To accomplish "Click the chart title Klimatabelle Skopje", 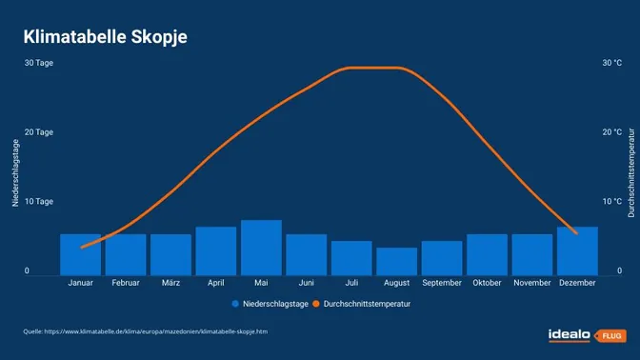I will (105, 37).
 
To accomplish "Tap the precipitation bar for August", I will (396, 261).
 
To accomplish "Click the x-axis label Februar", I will (126, 283).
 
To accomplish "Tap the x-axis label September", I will (442, 283).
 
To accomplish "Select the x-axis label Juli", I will (351, 283).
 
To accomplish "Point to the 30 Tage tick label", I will (39, 63).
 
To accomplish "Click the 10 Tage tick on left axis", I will (39, 202).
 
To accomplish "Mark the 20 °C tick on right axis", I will (611, 132).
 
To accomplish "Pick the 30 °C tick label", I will (611, 63).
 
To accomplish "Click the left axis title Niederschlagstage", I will (15, 172).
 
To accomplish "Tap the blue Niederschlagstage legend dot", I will (234, 305).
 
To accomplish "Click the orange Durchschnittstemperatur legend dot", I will (316, 305).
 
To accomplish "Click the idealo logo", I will (569, 335).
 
